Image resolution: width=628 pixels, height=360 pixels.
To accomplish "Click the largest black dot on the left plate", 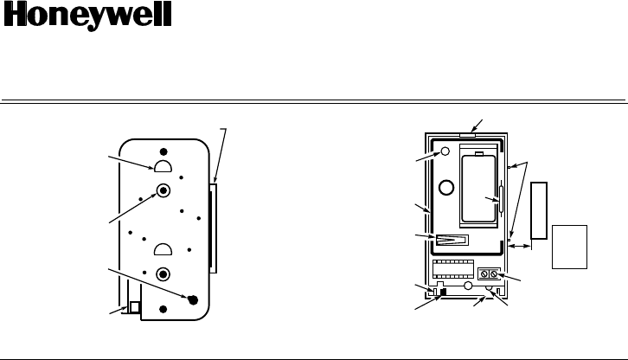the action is click(x=192, y=299).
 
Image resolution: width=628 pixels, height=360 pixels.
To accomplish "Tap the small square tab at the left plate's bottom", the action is click(x=134, y=306).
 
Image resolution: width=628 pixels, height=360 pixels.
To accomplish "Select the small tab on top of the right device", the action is click(x=467, y=135).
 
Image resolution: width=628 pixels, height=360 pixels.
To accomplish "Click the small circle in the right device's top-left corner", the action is click(x=445, y=151).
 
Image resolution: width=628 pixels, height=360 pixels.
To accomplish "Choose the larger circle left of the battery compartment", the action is click(x=447, y=186).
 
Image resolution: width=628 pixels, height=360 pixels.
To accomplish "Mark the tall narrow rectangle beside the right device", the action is click(x=539, y=210).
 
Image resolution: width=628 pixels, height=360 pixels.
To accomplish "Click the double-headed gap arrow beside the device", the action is click(x=520, y=247).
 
